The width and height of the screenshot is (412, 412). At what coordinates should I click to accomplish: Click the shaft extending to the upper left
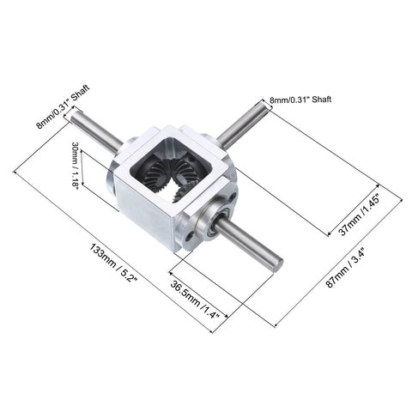[x=96, y=131]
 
